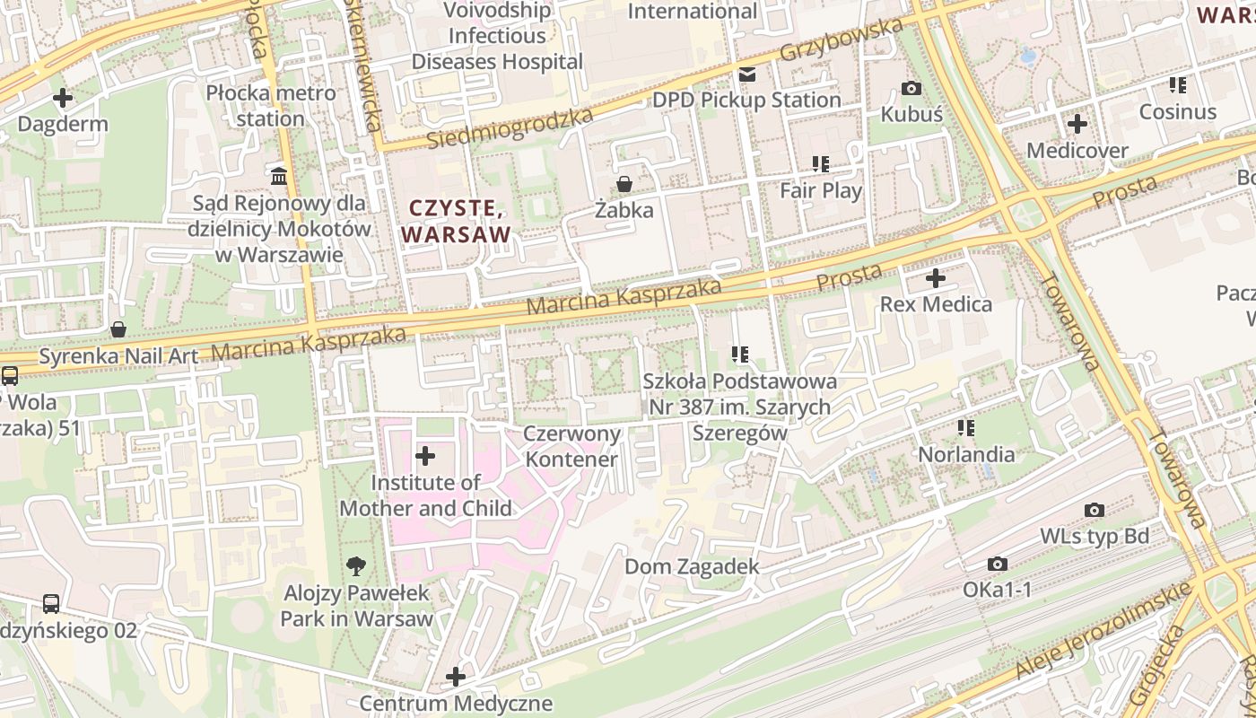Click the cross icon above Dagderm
tap(63, 97)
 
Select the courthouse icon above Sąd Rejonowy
tap(279, 176)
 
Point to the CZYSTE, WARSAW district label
tap(456, 222)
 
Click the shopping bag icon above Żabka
tap(624, 184)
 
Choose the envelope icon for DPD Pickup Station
tap(746, 74)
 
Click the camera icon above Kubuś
tap(911, 88)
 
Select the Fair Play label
tap(820, 190)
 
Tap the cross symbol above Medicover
tap(1077, 124)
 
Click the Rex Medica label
tap(936, 304)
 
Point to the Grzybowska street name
tap(841, 39)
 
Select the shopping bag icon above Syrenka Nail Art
tap(118, 329)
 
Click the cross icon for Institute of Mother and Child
tap(425, 456)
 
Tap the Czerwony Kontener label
tap(571, 447)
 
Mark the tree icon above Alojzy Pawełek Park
tap(356, 565)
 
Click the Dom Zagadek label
tap(692, 567)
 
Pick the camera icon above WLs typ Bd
tap(1094, 510)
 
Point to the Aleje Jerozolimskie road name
tap(1103, 631)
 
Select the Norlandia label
tap(966, 455)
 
